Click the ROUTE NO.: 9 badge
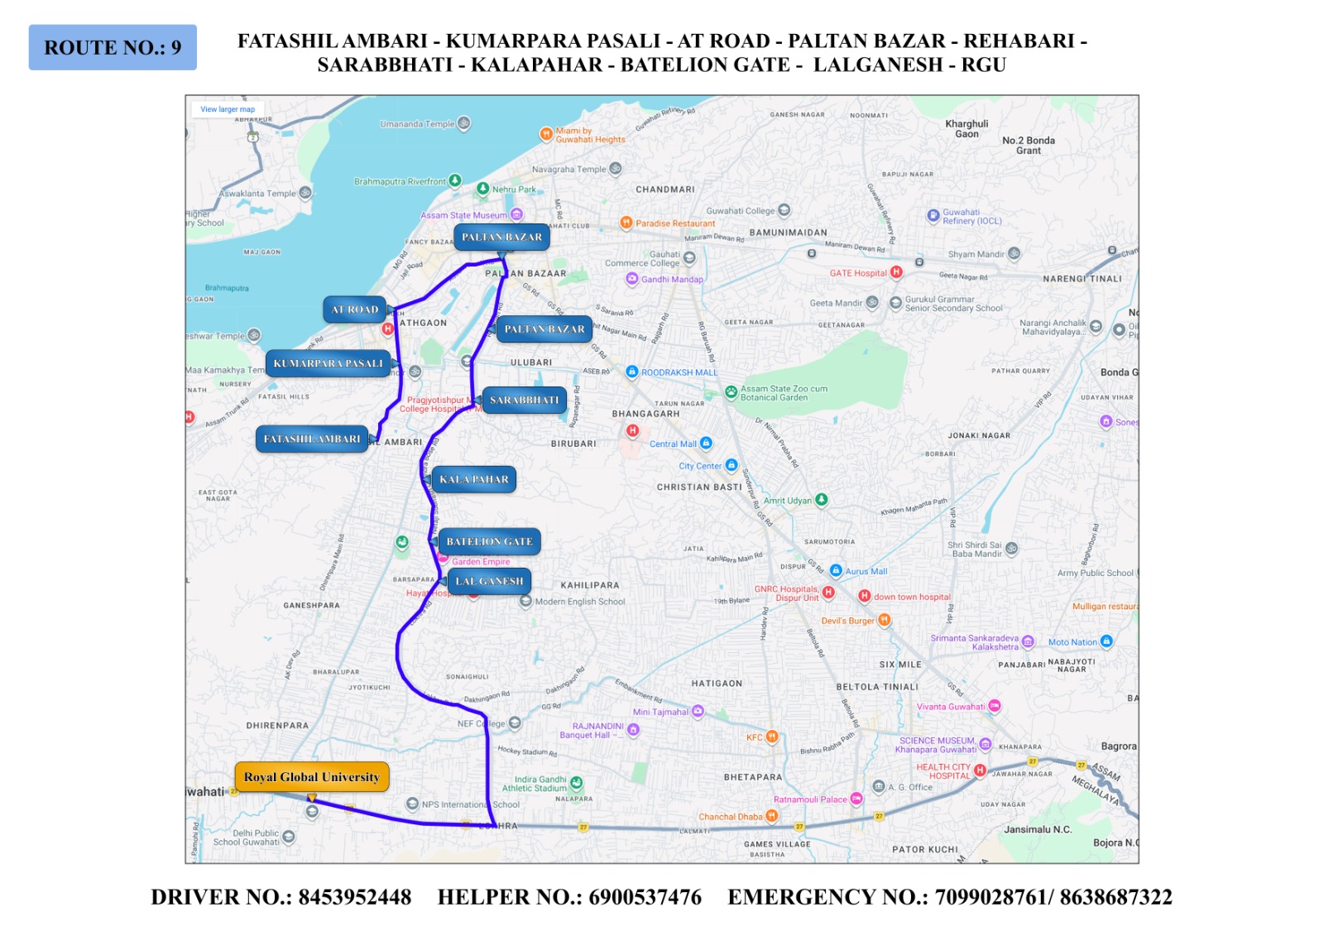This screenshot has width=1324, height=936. [113, 47]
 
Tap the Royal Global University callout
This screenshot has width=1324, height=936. [312, 777]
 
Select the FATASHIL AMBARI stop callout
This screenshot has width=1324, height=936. [312, 439]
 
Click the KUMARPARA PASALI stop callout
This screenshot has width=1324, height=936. [328, 363]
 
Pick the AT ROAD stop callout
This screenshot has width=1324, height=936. [354, 310]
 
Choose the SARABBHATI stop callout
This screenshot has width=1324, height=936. [524, 400]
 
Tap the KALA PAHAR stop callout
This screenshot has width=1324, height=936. [473, 479]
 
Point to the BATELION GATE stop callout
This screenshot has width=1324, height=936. [489, 541]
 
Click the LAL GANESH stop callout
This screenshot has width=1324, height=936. [489, 581]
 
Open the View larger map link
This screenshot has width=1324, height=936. [228, 109]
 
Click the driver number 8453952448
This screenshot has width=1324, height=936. [354, 897]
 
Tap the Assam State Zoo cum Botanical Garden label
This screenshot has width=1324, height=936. [783, 393]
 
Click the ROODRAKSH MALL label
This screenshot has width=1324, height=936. [679, 372]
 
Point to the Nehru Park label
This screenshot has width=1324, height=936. [513, 190]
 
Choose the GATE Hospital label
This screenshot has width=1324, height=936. [858, 273]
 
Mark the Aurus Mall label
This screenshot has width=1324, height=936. [866, 571]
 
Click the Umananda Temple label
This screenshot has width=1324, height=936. [417, 124]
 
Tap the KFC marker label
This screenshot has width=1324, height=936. [755, 737]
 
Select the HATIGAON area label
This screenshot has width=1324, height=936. [717, 684]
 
